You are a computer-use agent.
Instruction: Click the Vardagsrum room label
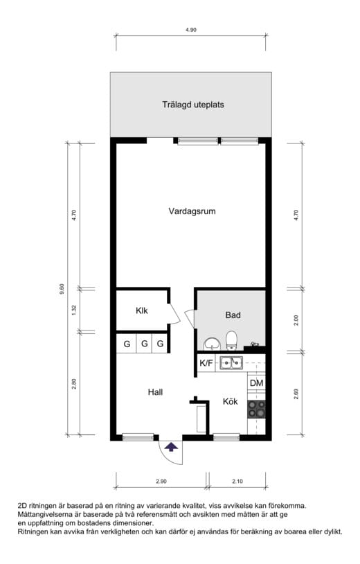pyautogui.click(x=192, y=211)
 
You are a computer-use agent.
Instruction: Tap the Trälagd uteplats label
pyautogui.click(x=193, y=105)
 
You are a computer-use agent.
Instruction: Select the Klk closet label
pyautogui.click(x=141, y=310)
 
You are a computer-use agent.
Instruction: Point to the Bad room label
pyautogui.click(x=233, y=315)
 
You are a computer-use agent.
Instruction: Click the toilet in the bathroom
pyautogui.click(x=231, y=340)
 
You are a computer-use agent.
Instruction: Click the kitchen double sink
pyautogui.click(x=231, y=362)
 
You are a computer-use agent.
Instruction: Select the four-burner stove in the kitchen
pyautogui.click(x=257, y=409)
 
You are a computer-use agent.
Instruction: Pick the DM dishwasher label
pyautogui.click(x=257, y=383)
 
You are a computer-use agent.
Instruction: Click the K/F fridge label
pyautogui.click(x=206, y=363)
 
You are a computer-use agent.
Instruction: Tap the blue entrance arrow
pyautogui.click(x=171, y=447)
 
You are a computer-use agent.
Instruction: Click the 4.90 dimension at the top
pyautogui.click(x=191, y=30)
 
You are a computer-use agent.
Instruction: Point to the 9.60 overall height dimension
pyautogui.click(x=62, y=289)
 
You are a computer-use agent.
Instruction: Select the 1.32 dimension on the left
pyautogui.click(x=74, y=310)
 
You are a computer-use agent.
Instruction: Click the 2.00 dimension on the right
pyautogui.click(x=296, y=320)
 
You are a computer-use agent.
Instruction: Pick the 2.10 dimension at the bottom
pyautogui.click(x=237, y=482)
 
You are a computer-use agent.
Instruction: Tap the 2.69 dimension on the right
pyautogui.click(x=296, y=394)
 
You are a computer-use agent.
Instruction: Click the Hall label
pyautogui.click(x=155, y=392)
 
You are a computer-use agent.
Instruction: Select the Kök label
pyautogui.click(x=231, y=401)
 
